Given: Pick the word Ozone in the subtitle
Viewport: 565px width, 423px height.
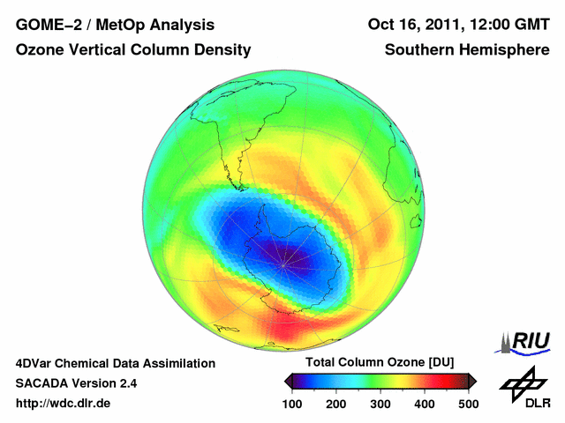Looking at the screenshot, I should [x=40, y=50].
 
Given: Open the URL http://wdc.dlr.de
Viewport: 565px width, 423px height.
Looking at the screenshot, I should [x=64, y=404].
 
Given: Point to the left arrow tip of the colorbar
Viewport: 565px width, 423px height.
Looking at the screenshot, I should [x=287, y=381].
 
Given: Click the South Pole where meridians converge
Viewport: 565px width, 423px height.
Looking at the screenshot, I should [x=283, y=255].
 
